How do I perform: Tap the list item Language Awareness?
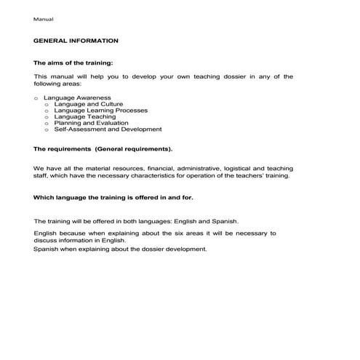coord(77,97)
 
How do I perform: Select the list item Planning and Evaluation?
coord(90,123)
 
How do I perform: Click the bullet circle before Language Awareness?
coord(36,97)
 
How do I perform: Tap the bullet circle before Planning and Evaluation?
coord(47,124)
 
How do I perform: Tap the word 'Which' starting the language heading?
coord(44,196)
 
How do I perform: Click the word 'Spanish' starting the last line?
coord(47,249)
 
